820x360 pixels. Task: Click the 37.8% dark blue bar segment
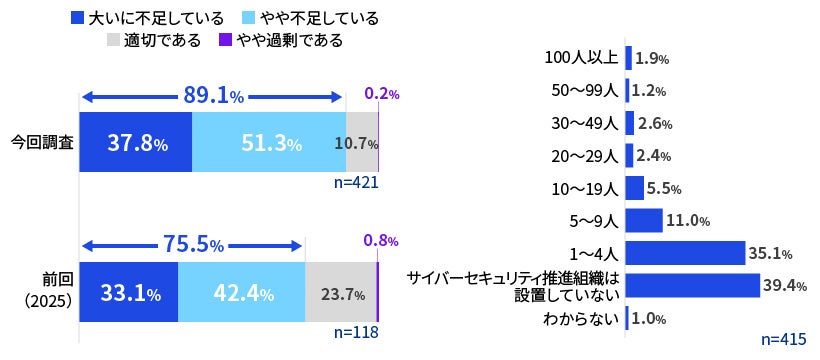[x=135, y=143]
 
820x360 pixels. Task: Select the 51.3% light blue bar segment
[x=268, y=143]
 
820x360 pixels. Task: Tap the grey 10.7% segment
[x=362, y=143]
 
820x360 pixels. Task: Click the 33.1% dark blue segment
[x=128, y=293]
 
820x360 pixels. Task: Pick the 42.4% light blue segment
[x=240, y=293]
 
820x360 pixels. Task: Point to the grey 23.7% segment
[x=339, y=293]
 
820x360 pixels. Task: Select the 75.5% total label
[x=193, y=245]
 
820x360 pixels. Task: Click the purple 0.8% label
[x=381, y=241]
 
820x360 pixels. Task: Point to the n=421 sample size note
[x=355, y=183]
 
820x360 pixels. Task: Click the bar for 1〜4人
[x=686, y=253]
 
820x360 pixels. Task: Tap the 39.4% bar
[x=692, y=285]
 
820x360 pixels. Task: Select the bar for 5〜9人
[x=644, y=220]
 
